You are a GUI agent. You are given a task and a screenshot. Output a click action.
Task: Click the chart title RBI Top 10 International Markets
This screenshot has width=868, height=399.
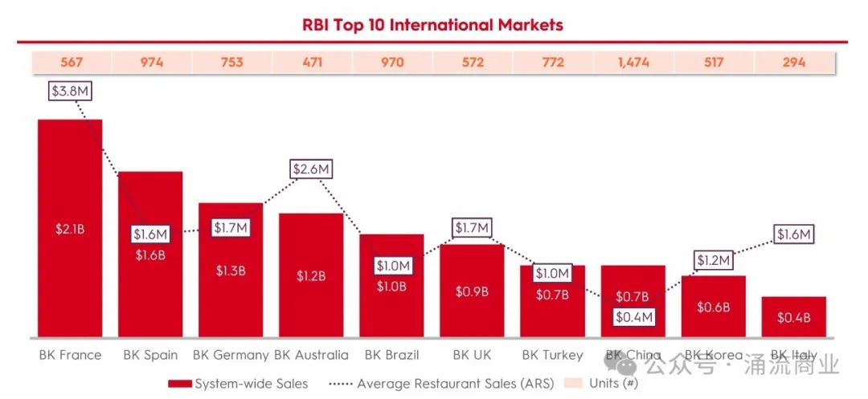432,25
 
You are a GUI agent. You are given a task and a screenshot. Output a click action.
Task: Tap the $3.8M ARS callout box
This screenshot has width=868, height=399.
70,91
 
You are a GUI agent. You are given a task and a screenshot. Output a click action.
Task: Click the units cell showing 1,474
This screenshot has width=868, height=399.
633,62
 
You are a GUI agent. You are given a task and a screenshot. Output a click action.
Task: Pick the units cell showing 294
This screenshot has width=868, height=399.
793,62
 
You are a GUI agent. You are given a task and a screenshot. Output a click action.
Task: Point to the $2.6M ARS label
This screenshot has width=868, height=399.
311,169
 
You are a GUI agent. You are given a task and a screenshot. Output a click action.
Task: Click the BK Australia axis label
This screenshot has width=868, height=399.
311,355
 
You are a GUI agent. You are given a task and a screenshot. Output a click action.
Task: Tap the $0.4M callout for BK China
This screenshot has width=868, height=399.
634,317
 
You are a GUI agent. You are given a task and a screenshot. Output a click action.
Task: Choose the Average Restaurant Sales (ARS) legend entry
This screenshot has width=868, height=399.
446,383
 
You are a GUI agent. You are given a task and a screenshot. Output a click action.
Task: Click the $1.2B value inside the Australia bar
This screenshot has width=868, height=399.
311,276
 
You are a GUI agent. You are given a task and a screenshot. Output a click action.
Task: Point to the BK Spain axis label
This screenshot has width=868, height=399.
150,355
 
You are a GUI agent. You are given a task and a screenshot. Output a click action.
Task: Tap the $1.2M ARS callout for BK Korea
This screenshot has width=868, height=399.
713,260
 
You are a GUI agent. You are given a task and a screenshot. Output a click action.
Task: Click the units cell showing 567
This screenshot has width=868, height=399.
70,62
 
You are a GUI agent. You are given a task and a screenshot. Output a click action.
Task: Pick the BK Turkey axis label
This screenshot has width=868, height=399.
552,355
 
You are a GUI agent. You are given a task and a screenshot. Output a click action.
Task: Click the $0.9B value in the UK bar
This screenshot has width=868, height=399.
472,291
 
